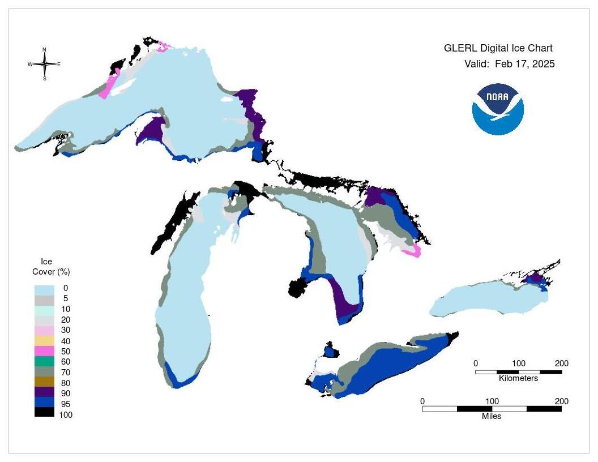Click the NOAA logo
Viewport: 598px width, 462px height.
coord(498,109)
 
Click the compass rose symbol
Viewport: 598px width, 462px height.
coord(45,64)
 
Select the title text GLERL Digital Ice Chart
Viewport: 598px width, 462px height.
coord(498,49)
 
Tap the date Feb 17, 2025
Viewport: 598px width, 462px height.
coord(524,64)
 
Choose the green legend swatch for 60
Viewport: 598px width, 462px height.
coord(45,361)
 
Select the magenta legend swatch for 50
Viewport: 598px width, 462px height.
coord(45,351)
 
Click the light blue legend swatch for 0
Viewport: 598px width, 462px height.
coord(45,288)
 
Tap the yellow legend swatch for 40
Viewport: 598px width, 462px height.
coord(45,340)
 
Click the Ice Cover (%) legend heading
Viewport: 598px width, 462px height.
coord(51,267)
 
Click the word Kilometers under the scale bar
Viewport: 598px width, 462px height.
coord(518,378)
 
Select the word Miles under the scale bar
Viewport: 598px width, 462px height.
coord(492,416)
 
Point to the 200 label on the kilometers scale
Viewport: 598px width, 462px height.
coord(561,363)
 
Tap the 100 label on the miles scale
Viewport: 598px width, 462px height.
coord(492,401)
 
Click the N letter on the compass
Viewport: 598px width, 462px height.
coord(45,50)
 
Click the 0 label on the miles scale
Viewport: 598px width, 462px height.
coord(422,401)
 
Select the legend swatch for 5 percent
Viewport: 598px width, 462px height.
coord(45,299)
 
